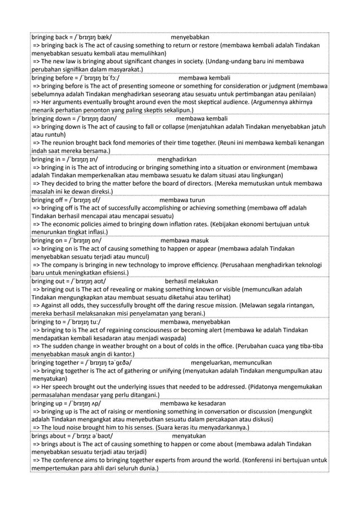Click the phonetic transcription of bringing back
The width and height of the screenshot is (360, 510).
coord(91,37)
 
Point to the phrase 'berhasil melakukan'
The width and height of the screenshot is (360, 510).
coord(195,282)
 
